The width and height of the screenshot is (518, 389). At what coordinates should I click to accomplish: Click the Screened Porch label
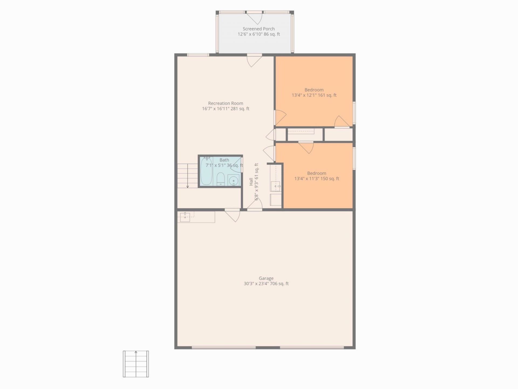click(258, 29)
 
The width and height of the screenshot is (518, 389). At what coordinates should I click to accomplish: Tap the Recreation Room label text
click(226, 103)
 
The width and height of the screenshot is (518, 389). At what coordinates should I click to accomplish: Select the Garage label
click(266, 278)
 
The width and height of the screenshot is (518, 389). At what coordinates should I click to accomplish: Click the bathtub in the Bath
click(206, 171)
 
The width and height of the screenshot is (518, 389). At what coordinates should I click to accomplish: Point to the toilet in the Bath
click(221, 179)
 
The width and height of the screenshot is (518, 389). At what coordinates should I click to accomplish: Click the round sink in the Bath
click(233, 180)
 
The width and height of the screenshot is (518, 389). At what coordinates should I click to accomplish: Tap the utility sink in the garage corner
click(185, 217)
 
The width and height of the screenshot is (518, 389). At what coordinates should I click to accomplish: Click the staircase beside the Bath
click(188, 176)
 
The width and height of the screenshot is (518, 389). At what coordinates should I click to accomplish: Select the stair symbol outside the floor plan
click(136, 364)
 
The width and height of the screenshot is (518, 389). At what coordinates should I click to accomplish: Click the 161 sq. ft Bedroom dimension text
click(314, 95)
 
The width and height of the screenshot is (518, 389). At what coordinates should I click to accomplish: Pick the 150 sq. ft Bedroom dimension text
click(317, 179)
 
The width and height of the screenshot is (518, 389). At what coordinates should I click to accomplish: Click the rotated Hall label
click(251, 182)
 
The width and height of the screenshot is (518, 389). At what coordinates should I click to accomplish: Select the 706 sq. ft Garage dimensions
click(266, 284)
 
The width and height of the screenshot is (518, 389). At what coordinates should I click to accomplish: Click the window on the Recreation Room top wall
click(198, 55)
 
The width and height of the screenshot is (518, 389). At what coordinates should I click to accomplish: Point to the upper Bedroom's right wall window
click(354, 113)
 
